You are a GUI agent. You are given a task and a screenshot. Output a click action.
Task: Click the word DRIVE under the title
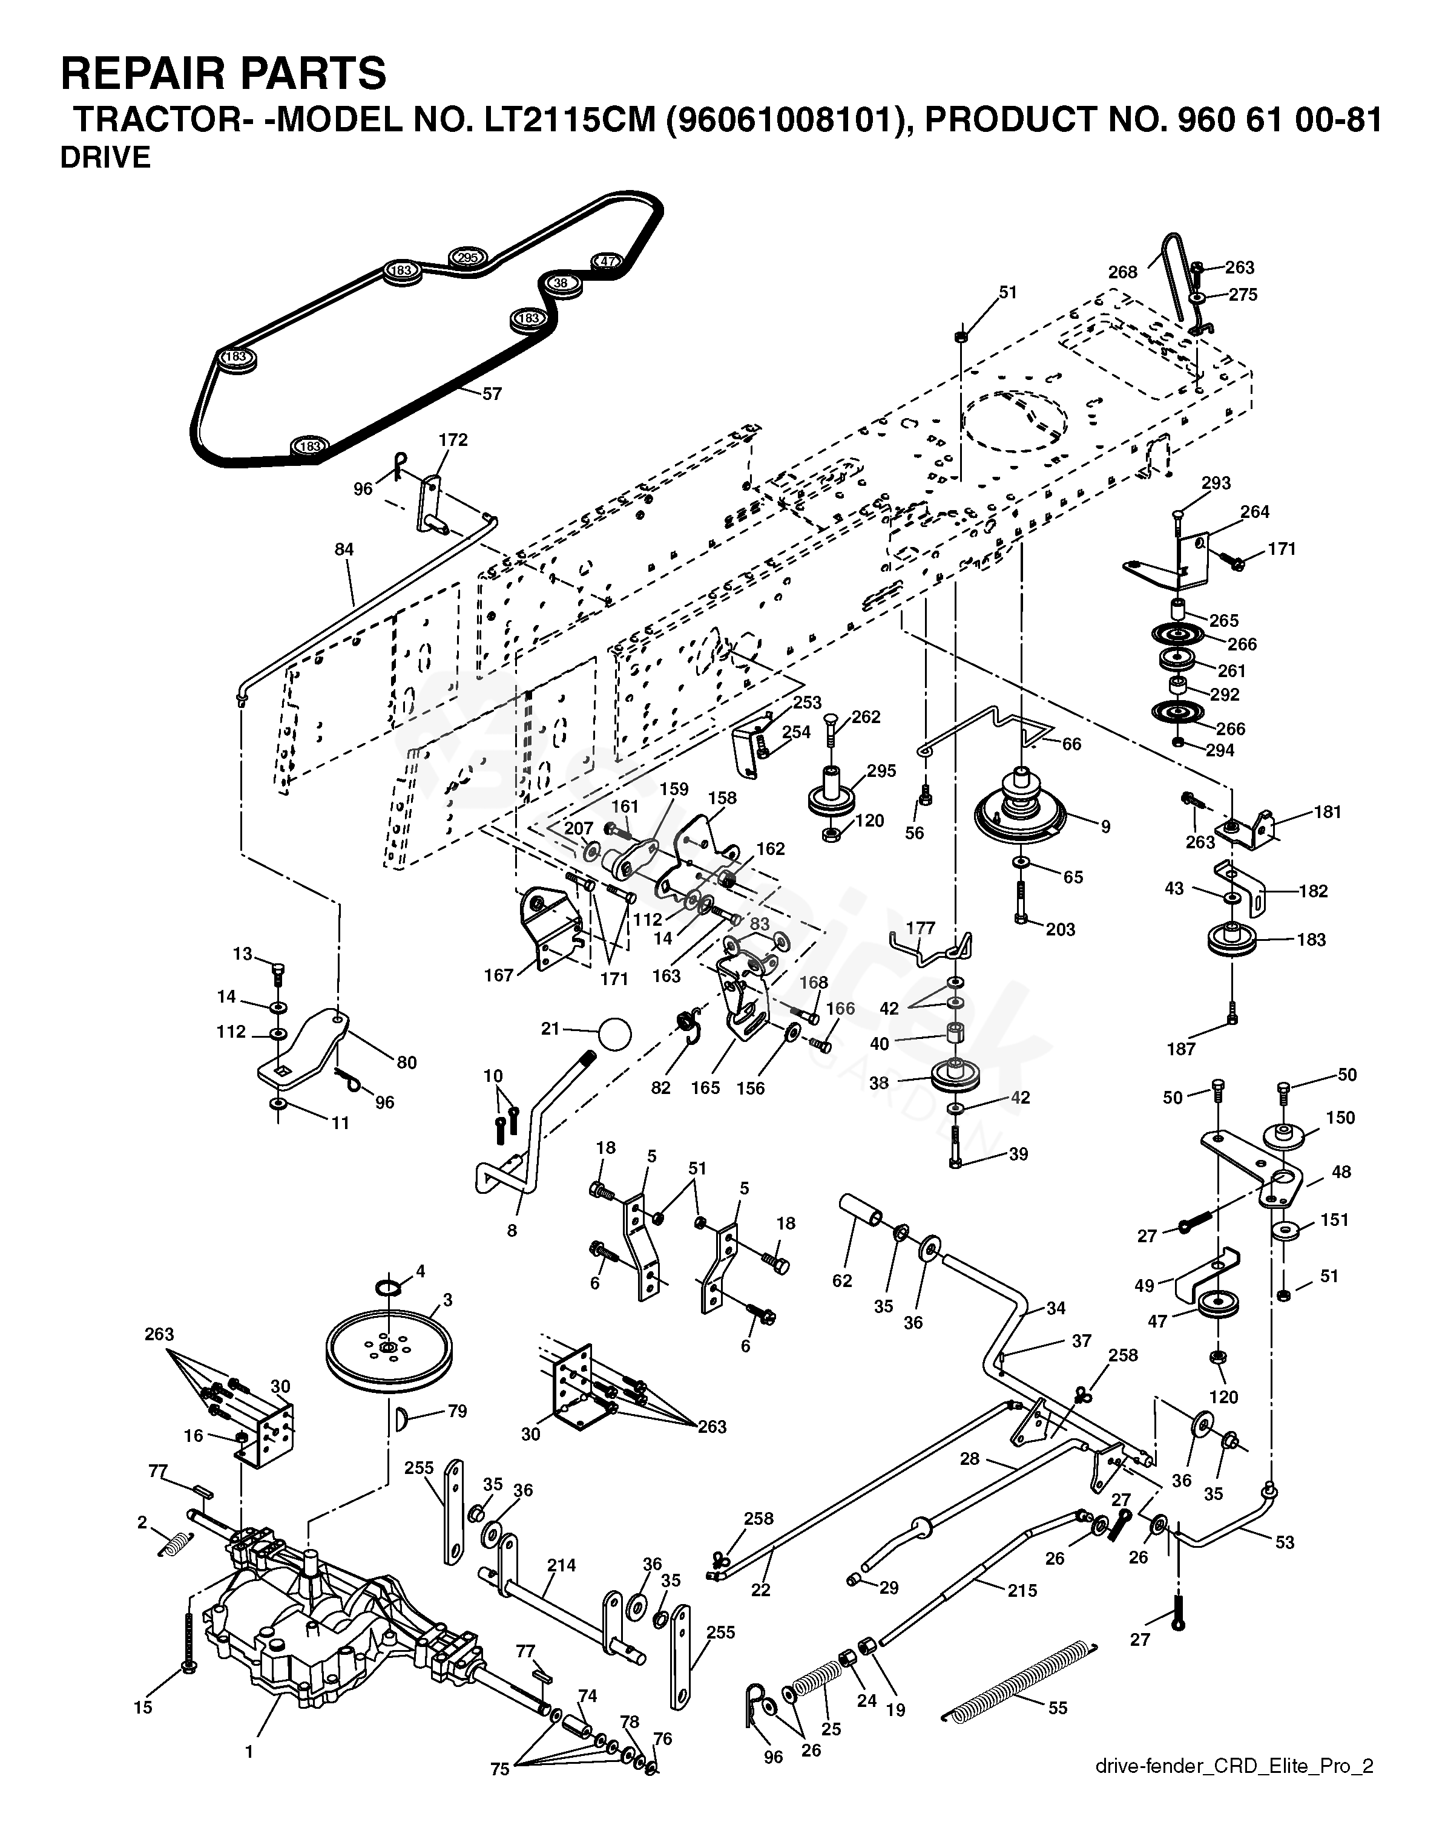pos(105,158)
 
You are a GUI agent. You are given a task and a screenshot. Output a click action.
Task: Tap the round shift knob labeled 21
pos(614,1035)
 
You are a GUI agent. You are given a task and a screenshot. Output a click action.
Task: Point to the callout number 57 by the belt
pos(491,393)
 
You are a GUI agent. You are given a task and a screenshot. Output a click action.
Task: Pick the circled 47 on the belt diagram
pos(607,261)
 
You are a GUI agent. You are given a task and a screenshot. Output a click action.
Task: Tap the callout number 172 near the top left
pos(453,440)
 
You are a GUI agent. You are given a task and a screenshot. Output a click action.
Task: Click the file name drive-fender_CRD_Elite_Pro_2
pos(1234,1789)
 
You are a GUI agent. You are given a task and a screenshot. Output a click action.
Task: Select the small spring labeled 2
pos(174,1546)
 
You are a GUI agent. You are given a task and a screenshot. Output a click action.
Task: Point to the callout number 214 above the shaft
pos(561,1565)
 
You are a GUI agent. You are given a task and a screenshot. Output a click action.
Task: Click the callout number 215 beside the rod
pos(1022,1590)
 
